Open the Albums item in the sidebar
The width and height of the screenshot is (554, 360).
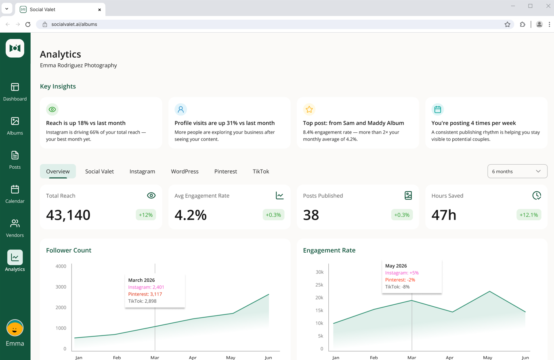15,126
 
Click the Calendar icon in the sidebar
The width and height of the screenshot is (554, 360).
15,190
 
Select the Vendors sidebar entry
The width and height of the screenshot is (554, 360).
15,228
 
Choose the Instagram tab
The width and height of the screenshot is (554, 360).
142,172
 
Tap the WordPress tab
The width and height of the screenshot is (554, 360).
185,172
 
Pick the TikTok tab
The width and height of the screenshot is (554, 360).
261,172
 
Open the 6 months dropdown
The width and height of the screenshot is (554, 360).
517,171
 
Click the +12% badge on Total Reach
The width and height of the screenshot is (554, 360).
146,215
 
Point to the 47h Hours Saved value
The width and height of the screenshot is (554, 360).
444,215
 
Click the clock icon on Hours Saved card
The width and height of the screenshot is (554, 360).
537,196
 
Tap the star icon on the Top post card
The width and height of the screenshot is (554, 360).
309,109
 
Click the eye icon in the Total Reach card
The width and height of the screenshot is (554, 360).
151,196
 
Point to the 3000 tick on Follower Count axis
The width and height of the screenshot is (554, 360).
61,287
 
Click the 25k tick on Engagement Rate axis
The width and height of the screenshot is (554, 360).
319,285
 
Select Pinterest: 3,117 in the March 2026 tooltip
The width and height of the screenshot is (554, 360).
145,294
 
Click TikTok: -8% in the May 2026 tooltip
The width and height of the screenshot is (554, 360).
397,287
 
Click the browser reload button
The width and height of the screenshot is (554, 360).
28,24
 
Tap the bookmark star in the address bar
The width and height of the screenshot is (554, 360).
507,24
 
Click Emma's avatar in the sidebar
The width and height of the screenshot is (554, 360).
15,328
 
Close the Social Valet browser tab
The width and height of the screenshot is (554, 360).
99,10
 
